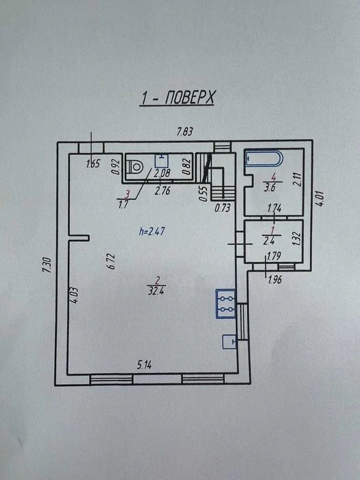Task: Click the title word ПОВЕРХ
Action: (190, 98)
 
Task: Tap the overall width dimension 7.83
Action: (185, 132)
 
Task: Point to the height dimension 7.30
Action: (47, 265)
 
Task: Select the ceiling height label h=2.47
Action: (152, 231)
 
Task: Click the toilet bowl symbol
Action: (134, 167)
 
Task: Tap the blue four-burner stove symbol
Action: (226, 304)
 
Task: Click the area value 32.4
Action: (156, 291)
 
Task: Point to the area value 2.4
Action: (269, 241)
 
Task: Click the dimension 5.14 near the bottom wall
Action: (145, 365)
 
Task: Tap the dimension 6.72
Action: (112, 261)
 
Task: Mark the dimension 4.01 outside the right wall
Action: (320, 198)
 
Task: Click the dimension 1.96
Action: (274, 280)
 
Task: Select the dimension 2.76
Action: (163, 191)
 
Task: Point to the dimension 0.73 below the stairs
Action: (223, 208)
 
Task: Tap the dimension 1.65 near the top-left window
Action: (93, 164)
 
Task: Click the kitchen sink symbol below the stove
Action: (230, 342)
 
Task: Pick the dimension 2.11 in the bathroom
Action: (297, 180)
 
